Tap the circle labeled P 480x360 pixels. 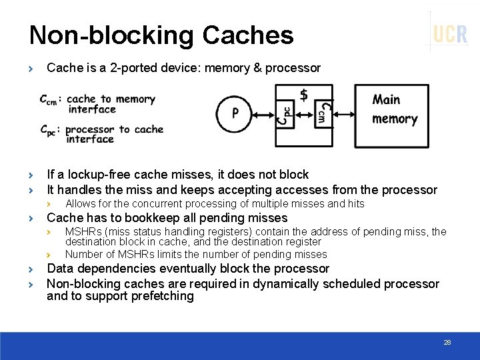pos(235,113)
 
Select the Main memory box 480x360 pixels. pos(391,115)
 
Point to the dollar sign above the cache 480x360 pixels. pos(304,95)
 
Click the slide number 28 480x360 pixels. pos(447,342)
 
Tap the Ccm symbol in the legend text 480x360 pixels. pos(49,100)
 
